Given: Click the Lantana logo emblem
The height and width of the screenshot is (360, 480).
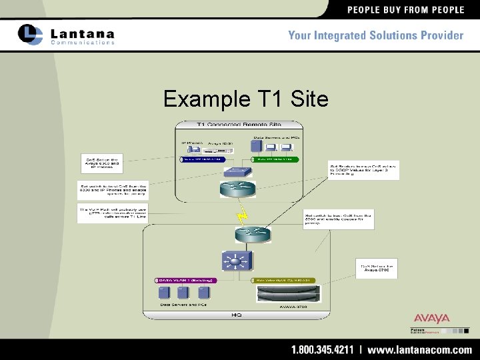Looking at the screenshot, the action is pos(31,34).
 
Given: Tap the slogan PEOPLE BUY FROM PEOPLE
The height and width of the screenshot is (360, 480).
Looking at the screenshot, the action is pos(405,9).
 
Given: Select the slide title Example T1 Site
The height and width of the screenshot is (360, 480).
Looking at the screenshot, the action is pos(246,99).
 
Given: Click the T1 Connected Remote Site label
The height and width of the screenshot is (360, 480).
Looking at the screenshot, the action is pos(239,124).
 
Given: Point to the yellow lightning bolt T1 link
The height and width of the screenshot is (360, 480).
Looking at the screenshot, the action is pos(242,215).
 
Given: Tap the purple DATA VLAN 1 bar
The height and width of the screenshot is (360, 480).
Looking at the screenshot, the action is pos(184,281).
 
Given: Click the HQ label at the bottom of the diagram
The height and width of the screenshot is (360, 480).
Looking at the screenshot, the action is pos(237,313).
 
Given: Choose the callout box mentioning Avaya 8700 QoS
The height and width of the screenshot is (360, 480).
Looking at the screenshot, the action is pos(379,269).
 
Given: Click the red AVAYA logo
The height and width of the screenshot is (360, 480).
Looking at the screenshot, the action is pos(431,319).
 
